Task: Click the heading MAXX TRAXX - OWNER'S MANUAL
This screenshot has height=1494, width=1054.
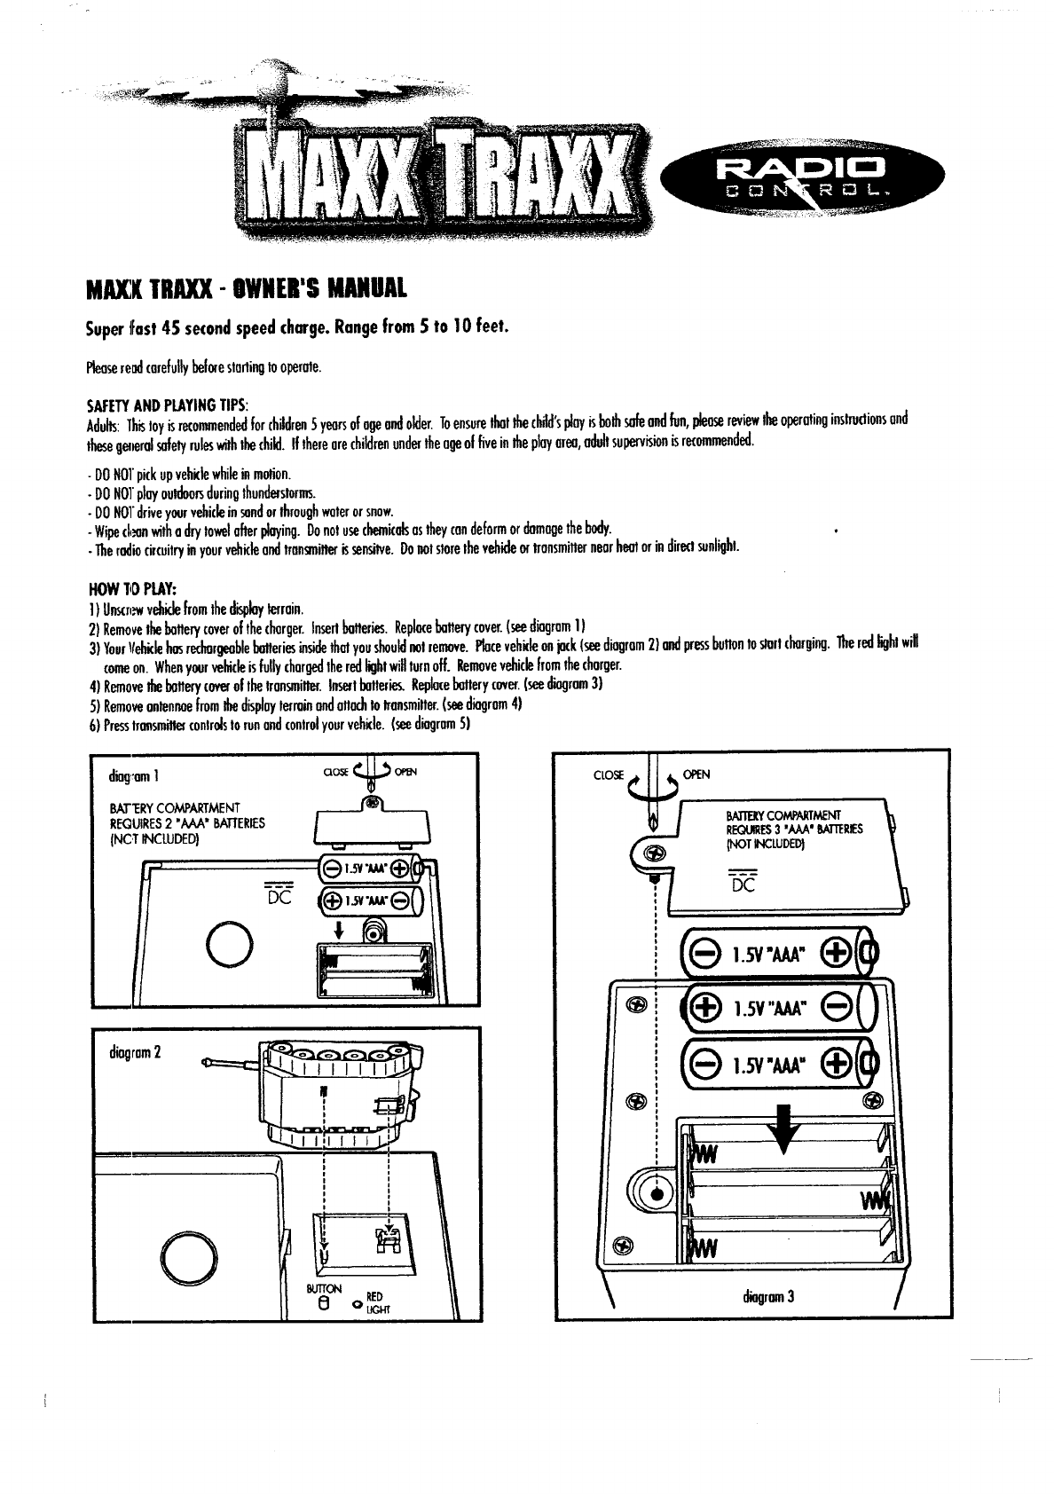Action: (x=247, y=289)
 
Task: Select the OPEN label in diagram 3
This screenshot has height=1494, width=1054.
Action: (x=697, y=775)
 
